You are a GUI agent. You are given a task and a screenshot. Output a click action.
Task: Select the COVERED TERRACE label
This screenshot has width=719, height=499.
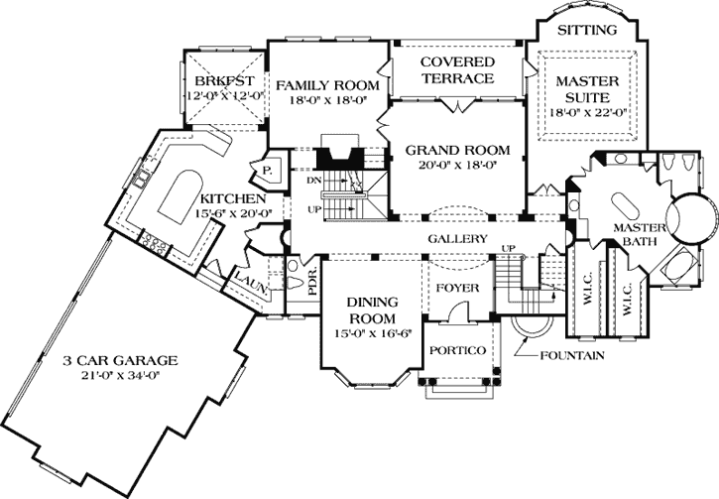tap(457, 69)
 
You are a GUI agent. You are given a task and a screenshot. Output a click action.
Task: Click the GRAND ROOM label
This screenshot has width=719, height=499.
tap(450, 150)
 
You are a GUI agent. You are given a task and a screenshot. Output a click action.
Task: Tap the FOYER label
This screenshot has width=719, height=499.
tap(457, 288)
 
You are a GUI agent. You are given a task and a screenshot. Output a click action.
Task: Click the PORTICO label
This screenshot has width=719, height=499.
tap(457, 351)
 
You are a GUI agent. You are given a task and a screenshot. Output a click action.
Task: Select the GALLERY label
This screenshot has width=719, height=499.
tap(457, 239)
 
